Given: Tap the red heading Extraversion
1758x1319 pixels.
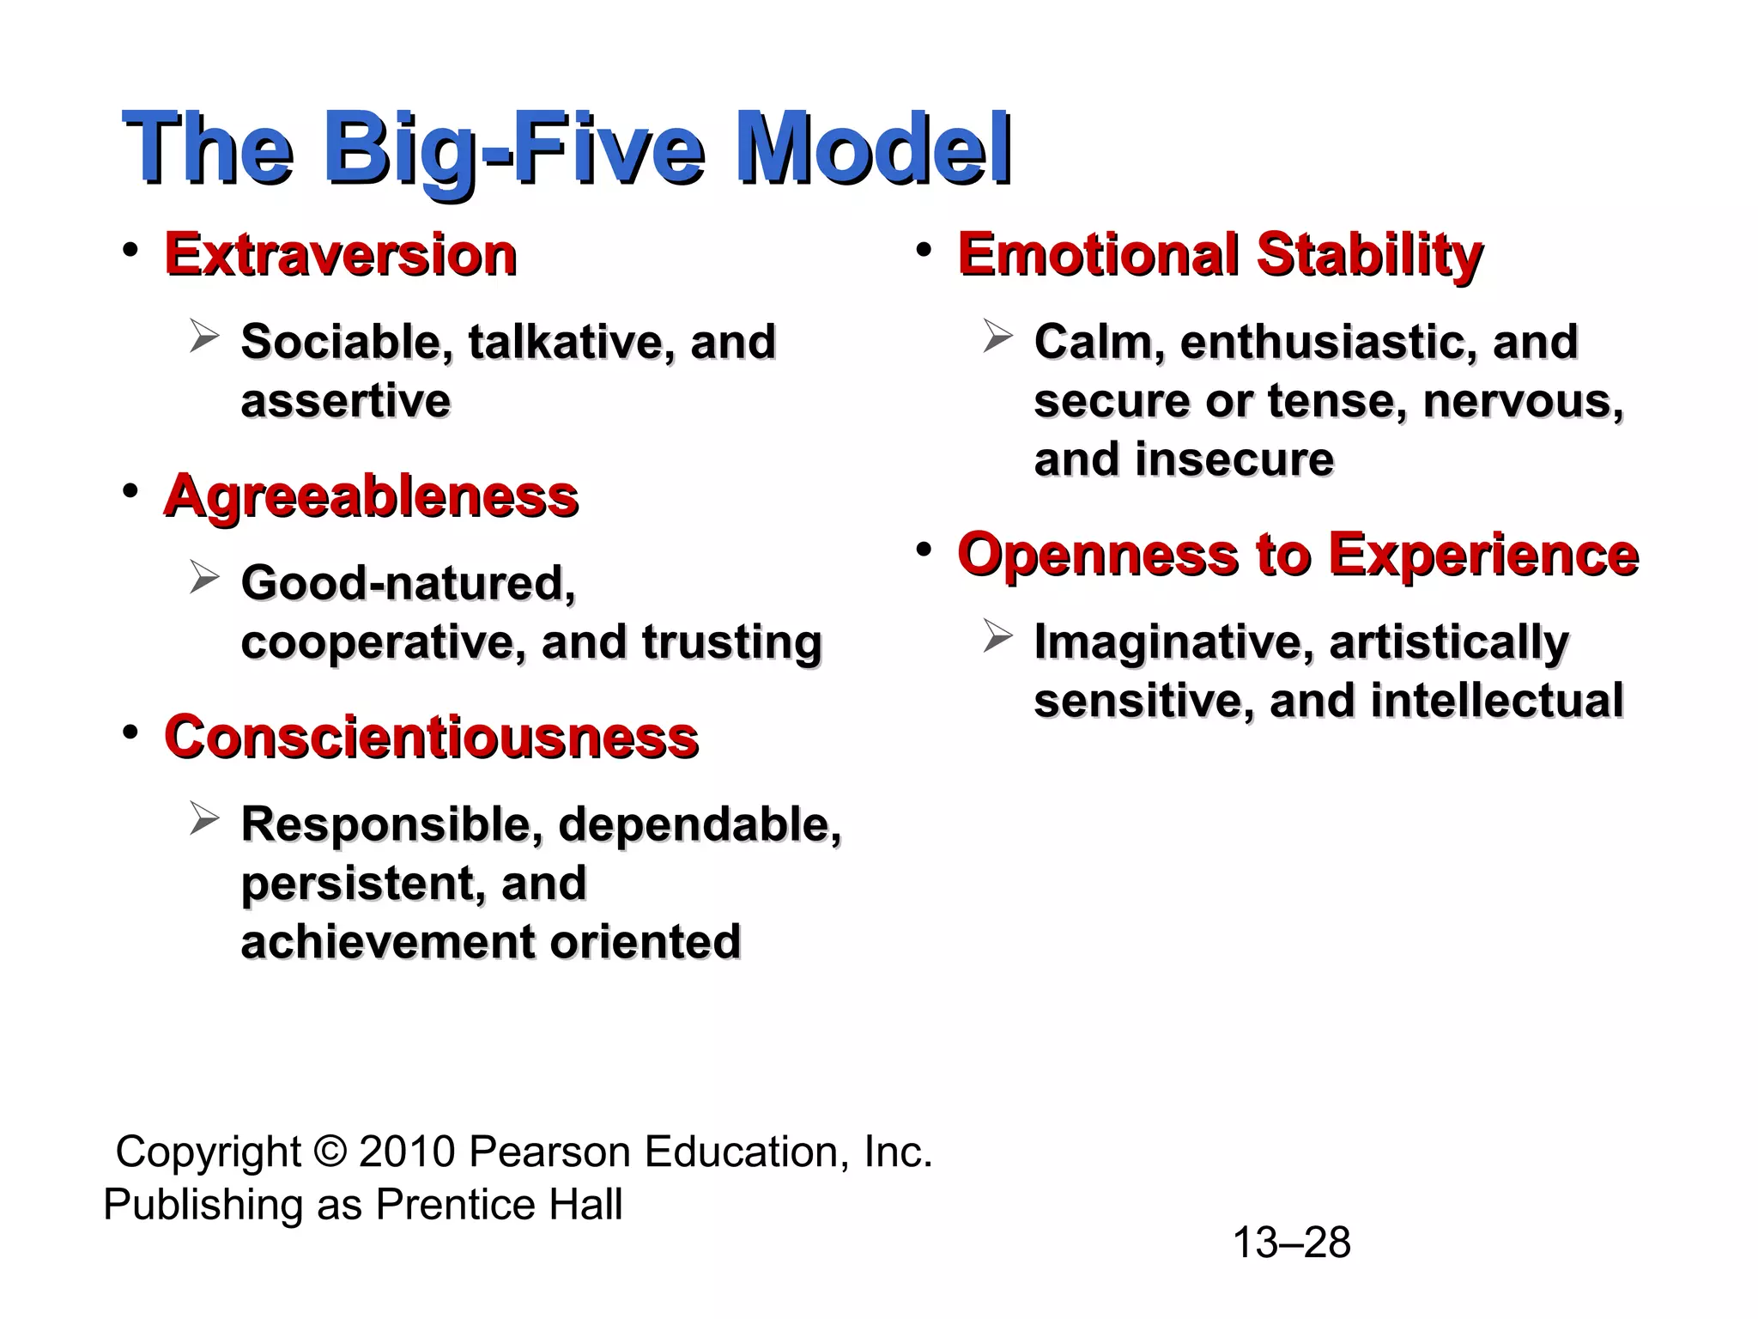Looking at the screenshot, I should coord(341,255).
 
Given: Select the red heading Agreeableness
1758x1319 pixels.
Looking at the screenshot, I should coord(372,496).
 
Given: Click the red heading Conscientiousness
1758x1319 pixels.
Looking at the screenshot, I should coord(432,738).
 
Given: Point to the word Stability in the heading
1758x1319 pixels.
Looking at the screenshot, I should coord(1369,255).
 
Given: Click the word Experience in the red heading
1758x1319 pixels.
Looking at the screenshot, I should coord(1483,555).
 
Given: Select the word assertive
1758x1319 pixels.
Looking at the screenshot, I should coord(346,401).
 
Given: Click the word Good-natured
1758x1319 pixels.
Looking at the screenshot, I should coord(409,583).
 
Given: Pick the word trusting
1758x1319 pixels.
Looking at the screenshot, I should coord(731,642).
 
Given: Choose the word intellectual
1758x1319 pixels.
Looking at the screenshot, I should coord(1497,701).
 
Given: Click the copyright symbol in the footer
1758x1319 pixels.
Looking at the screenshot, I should coord(330,1152).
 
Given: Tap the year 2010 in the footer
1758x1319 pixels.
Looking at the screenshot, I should coord(407,1152).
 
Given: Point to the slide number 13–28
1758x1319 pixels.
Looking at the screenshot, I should coord(1291,1243).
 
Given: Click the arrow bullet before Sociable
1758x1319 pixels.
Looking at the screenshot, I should coord(204,336).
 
